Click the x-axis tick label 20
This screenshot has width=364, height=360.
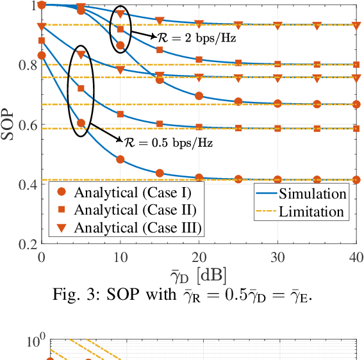coord(199,256)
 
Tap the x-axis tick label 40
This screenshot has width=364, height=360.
coord(356,256)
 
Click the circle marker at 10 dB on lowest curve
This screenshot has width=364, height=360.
coord(120,160)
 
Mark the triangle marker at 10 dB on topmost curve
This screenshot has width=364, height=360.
coord(120,13)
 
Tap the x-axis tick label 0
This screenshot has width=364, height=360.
coord(42,256)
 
